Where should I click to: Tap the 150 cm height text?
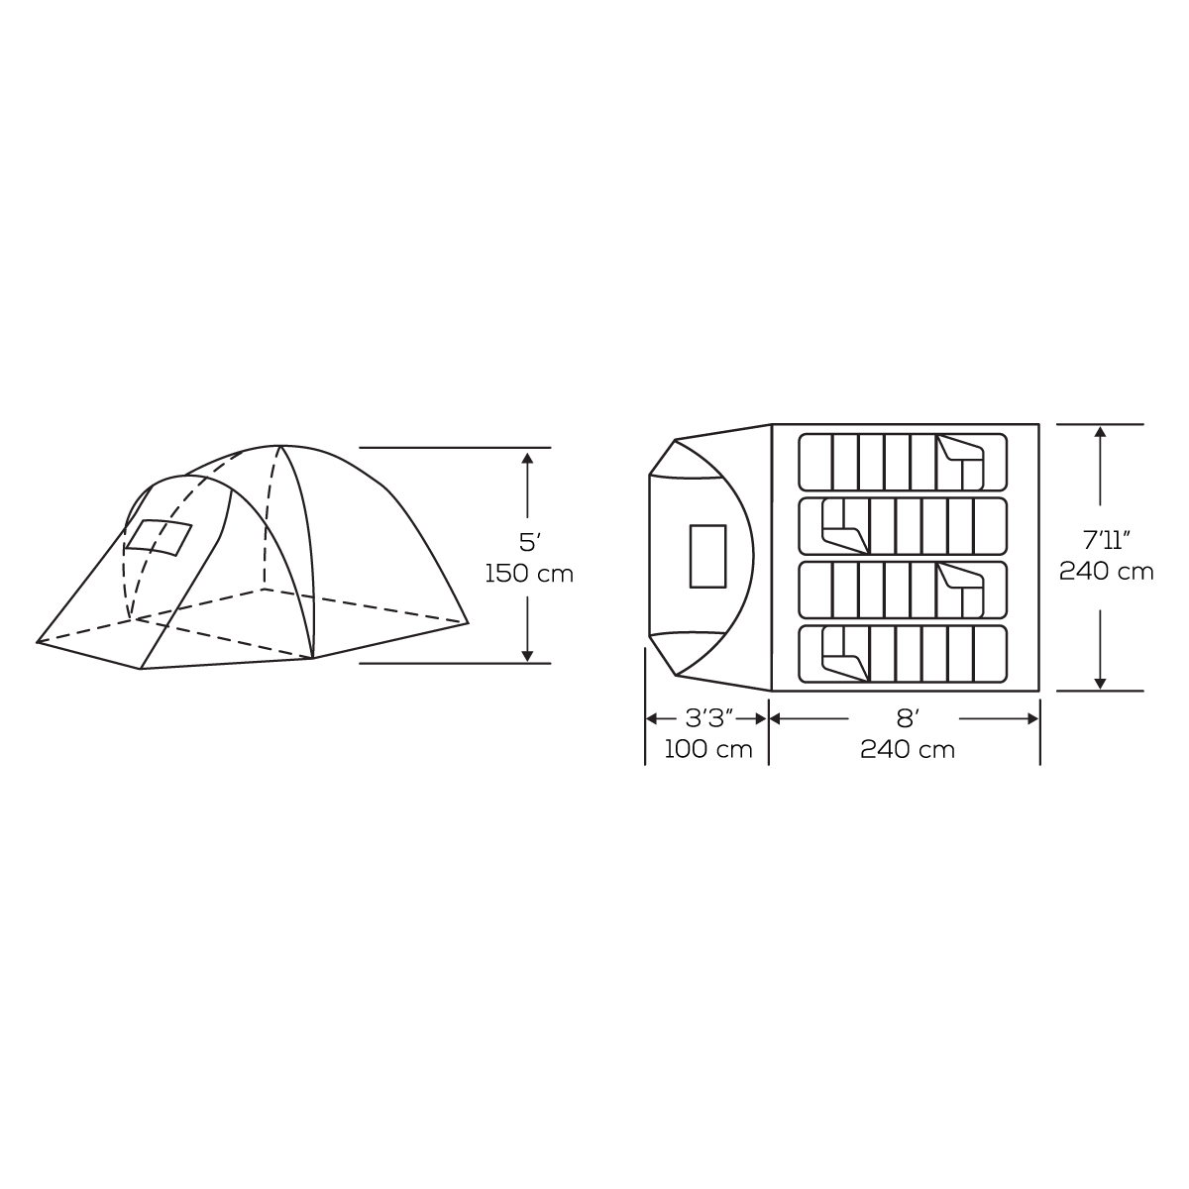[529, 574]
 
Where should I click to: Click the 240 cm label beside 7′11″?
[1107, 572]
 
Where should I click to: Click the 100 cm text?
[707, 749]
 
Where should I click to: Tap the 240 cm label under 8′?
[907, 749]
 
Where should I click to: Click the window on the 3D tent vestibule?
[158, 537]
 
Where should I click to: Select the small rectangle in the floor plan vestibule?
[707, 557]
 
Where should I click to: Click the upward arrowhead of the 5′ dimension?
[528, 457]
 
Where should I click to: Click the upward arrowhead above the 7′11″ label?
[1100, 432]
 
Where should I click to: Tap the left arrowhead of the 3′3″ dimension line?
[652, 719]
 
